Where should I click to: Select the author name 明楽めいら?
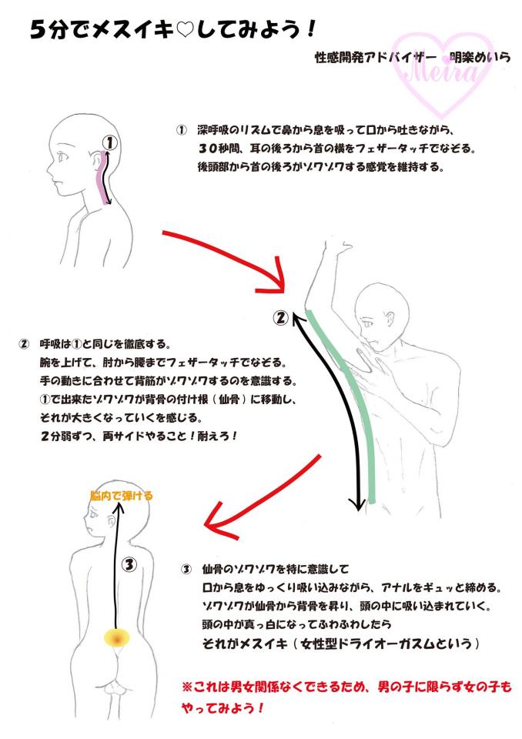tap(480, 57)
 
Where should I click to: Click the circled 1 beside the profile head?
tap(109, 142)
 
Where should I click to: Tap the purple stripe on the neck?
tap(102, 177)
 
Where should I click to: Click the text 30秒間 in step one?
tap(218, 148)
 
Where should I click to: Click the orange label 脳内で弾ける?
tap(122, 496)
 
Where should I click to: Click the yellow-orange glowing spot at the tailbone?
tap(116, 638)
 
